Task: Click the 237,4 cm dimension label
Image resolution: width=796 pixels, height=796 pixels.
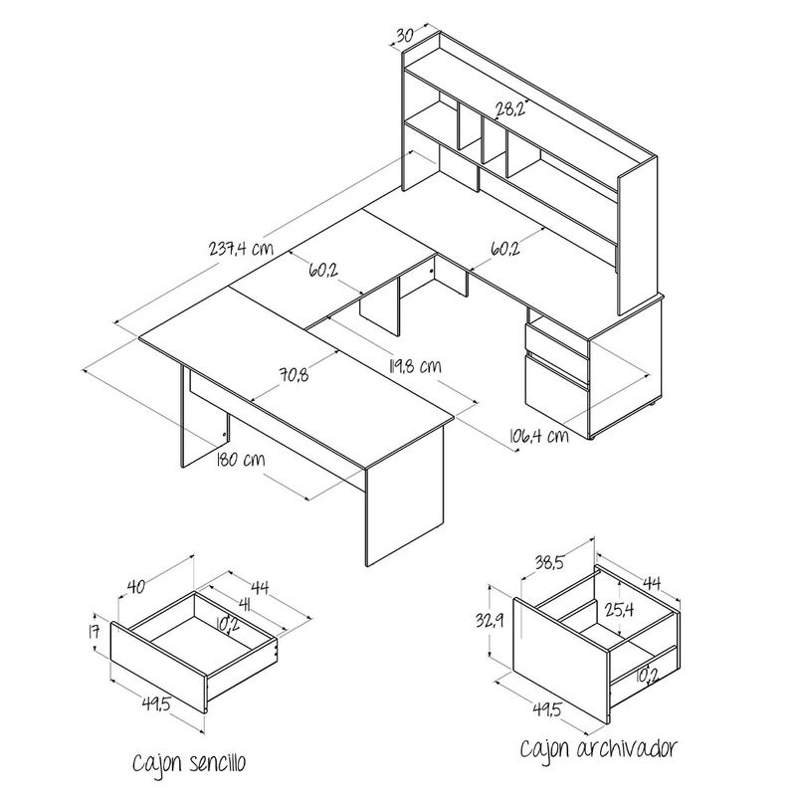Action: [x=241, y=248]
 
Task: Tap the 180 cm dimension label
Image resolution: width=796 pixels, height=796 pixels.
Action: [x=241, y=460]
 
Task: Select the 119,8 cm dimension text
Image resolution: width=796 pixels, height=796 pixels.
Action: [x=415, y=365]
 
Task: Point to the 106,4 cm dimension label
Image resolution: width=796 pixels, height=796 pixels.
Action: [x=538, y=435]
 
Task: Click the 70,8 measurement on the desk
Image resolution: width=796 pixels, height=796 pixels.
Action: [x=294, y=375]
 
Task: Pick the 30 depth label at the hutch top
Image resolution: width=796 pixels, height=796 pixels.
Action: [x=404, y=36]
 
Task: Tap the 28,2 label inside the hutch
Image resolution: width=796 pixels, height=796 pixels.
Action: [x=510, y=108]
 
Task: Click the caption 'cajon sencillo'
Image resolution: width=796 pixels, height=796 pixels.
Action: [x=189, y=762]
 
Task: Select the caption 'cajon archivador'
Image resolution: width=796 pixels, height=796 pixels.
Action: [x=599, y=748]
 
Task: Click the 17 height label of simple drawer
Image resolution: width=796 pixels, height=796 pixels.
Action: [x=94, y=633]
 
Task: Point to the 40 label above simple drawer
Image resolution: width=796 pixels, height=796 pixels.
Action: [x=136, y=586]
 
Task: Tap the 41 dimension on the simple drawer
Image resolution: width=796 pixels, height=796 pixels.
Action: [x=245, y=605]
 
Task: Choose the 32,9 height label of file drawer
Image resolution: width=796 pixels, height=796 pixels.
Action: [x=490, y=620]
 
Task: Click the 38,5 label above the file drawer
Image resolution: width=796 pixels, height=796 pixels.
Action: [x=549, y=562]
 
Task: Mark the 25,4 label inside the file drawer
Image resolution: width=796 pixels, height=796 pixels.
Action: [x=619, y=609]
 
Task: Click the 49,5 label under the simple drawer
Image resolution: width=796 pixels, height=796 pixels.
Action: [x=156, y=704]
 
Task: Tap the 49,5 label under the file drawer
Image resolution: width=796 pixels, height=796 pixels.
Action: [x=546, y=708]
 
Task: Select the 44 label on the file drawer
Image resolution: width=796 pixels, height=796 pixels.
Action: [x=652, y=583]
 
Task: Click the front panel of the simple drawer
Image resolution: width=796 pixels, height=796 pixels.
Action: [x=158, y=668]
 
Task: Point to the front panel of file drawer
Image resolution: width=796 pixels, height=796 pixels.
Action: [x=561, y=660]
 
